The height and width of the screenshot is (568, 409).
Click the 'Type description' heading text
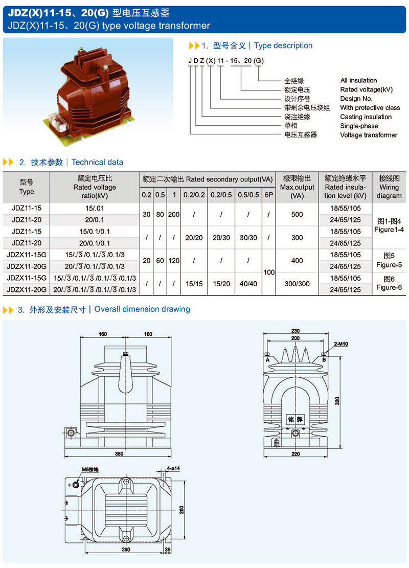click(283, 46)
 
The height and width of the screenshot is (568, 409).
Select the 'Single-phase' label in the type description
click(359, 126)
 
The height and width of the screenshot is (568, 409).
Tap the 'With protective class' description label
click(370, 107)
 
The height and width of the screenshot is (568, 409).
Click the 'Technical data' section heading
click(97, 162)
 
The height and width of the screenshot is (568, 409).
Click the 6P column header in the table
click(268, 195)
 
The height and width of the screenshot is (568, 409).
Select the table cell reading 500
click(297, 214)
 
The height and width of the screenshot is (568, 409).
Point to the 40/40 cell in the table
click(248, 284)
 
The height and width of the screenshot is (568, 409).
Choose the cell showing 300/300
click(297, 284)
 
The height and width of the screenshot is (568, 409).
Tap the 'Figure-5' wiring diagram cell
click(389, 265)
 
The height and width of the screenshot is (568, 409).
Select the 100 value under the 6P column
click(269, 272)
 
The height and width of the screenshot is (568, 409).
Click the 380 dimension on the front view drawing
click(120, 453)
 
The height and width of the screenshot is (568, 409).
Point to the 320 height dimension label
click(337, 401)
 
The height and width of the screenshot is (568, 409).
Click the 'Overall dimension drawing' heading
click(142, 309)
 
